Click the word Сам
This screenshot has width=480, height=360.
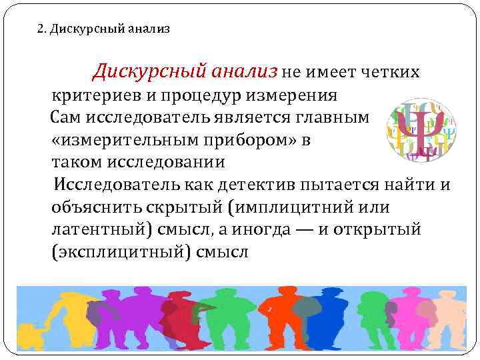[x=68, y=118]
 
